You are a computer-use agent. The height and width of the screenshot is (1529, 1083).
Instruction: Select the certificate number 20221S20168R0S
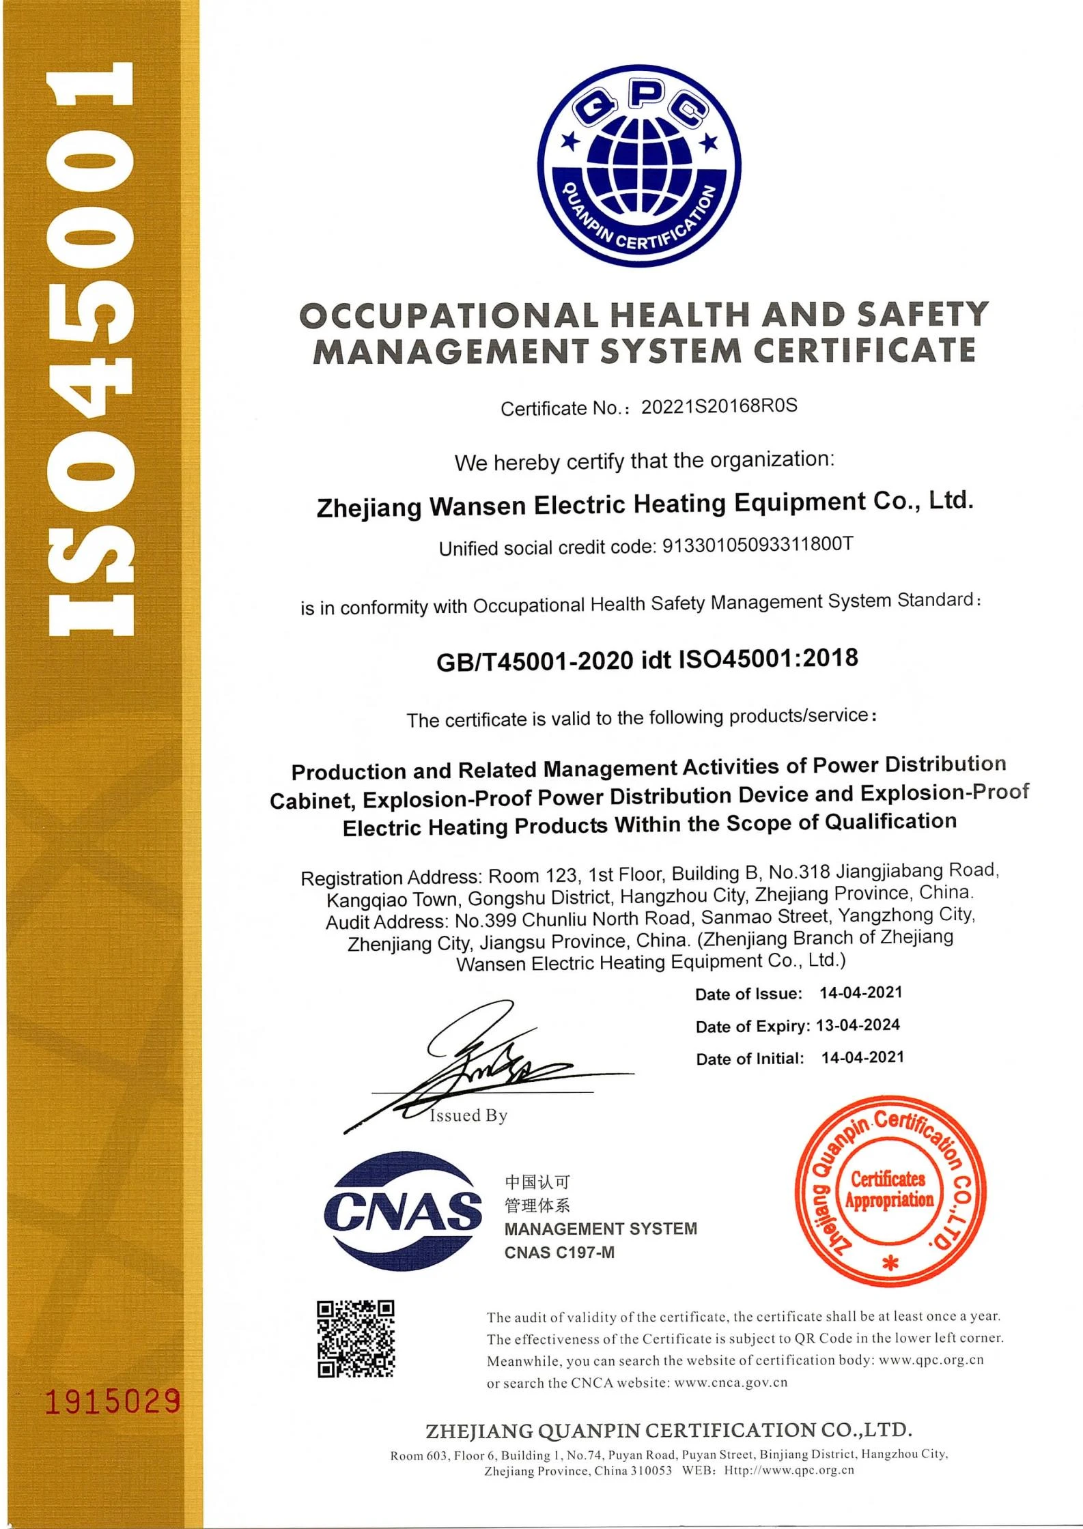(x=719, y=407)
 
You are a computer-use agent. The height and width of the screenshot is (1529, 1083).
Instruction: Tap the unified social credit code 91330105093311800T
(x=758, y=546)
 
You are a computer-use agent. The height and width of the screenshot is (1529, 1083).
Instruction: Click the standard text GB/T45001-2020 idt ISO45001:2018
(x=647, y=660)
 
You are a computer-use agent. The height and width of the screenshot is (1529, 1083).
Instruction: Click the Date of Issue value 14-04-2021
(x=860, y=993)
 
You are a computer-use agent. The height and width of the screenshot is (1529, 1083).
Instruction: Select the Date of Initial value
(x=862, y=1058)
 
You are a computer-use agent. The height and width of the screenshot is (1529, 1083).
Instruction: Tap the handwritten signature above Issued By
(x=478, y=1065)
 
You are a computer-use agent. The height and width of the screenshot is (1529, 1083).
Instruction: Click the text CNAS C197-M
(x=559, y=1253)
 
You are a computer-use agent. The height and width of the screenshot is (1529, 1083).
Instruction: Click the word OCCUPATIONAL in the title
(x=449, y=315)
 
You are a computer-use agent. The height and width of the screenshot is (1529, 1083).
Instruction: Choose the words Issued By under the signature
(x=468, y=1116)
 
